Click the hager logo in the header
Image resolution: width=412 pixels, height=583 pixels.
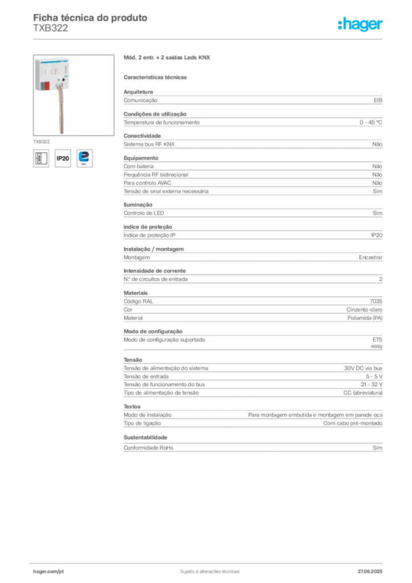[x=361, y=24]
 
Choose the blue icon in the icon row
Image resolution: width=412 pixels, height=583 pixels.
[x=84, y=157]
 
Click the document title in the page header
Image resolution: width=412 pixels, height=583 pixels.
[x=91, y=18]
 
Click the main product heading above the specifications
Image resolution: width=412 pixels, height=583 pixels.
[x=168, y=59]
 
